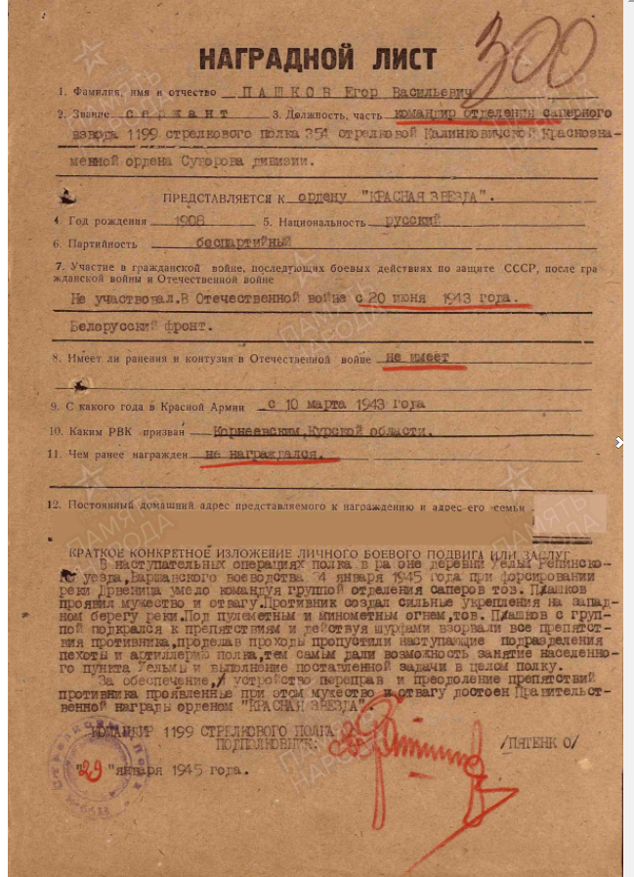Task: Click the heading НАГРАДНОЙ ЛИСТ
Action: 317,59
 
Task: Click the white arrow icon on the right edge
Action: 619,442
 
